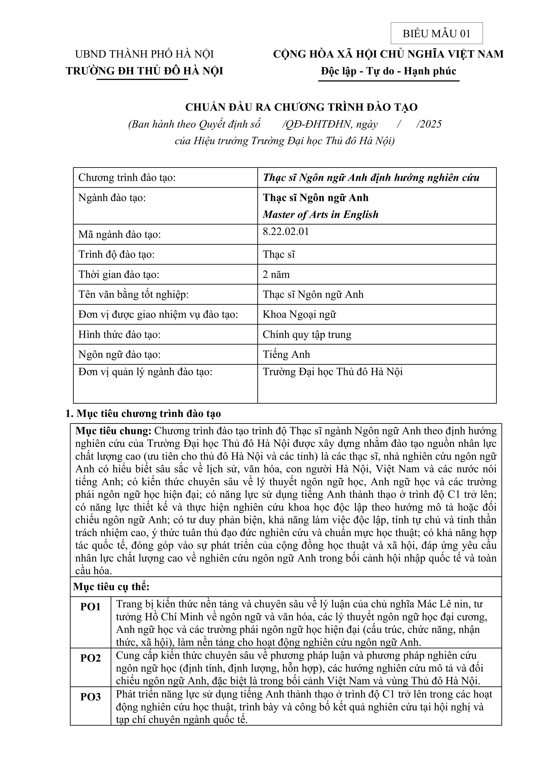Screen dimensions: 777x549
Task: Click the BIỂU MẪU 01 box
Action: tap(436, 33)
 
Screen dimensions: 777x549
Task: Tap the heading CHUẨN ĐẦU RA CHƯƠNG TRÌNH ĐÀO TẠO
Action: tap(301, 107)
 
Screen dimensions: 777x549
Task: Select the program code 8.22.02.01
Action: tap(286, 232)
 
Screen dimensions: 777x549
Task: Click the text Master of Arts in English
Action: tap(320, 215)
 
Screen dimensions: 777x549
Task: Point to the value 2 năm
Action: tap(276, 274)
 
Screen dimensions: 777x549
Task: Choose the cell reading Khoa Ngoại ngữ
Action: tap(299, 314)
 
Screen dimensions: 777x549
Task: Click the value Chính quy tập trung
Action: tap(307, 334)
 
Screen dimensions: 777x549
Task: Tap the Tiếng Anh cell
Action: tap(286, 354)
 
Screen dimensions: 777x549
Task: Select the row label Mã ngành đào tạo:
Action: tap(119, 234)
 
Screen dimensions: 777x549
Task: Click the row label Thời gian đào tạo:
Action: tap(119, 274)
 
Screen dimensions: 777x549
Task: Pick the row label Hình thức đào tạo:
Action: tap(119, 334)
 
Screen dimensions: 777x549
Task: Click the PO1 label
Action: tap(90, 607)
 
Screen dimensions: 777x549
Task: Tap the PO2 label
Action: tap(90, 658)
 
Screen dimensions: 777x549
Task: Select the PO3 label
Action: tap(90, 697)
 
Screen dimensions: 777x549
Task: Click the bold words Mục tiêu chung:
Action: tap(113, 431)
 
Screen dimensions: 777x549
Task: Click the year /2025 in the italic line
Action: tap(429, 124)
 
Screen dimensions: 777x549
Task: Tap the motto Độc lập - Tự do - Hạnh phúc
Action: tap(388, 71)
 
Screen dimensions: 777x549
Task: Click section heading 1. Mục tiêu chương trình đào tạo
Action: tap(143, 414)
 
